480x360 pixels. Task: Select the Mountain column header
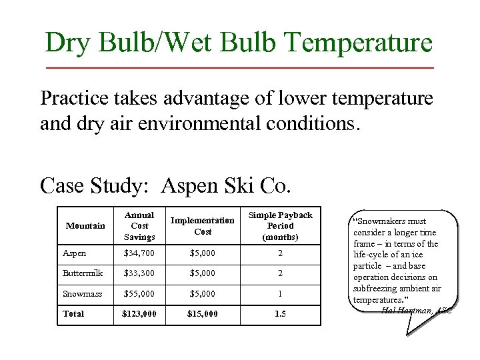[85, 226]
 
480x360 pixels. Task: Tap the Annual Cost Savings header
[140, 226]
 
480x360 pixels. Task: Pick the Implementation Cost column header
[203, 226]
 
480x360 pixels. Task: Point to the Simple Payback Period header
[280, 226]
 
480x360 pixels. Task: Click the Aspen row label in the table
[75, 254]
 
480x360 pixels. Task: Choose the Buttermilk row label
[83, 273]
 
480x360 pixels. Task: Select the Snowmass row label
[82, 293]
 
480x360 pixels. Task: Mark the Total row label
[73, 313]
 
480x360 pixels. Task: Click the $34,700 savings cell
[139, 254]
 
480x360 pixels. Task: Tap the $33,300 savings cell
[139, 273]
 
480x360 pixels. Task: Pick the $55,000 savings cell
[139, 293]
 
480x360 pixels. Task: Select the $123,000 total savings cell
[139, 313]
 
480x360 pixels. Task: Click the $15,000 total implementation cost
[203, 313]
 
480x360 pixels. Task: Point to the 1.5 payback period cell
[280, 313]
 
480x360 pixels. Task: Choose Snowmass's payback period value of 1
[280, 293]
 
